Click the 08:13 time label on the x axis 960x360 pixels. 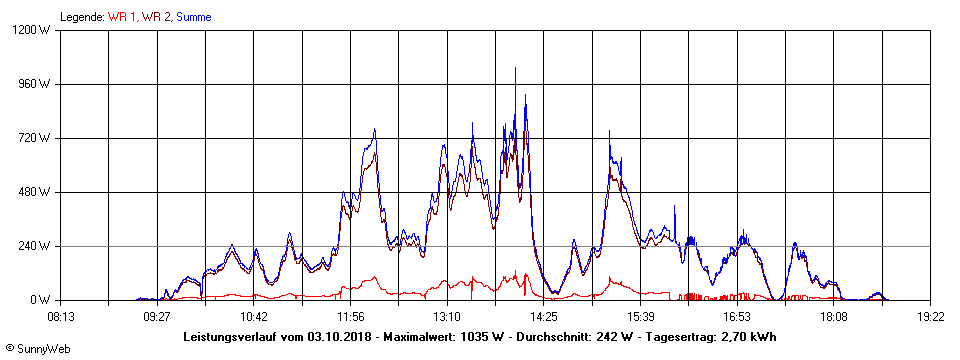61,316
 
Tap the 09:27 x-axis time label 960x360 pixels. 157,316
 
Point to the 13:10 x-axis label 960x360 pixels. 447,316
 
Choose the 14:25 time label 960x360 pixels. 544,316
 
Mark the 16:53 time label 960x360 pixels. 737,316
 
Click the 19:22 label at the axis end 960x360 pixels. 931,316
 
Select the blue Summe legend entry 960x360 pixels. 193,16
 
